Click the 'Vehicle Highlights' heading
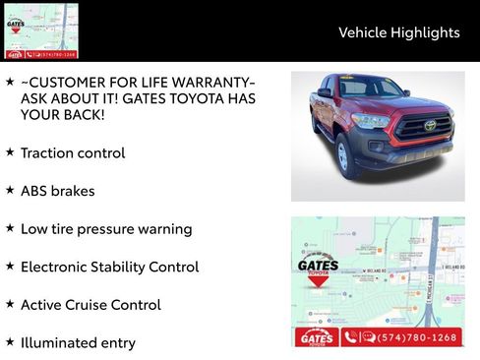[x=398, y=32]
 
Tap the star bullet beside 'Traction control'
[x=10, y=152]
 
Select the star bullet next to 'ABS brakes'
[x=10, y=190]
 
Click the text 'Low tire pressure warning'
[x=106, y=229]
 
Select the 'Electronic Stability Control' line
[x=109, y=267]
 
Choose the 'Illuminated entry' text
[x=78, y=343]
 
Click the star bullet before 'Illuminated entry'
[x=10, y=342]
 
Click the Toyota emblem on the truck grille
[x=430, y=125]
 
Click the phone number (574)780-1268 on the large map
[x=418, y=337]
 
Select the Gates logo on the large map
[x=318, y=269]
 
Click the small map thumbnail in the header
[x=41, y=30]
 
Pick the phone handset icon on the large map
[x=350, y=337]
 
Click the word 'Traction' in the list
[x=47, y=153]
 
